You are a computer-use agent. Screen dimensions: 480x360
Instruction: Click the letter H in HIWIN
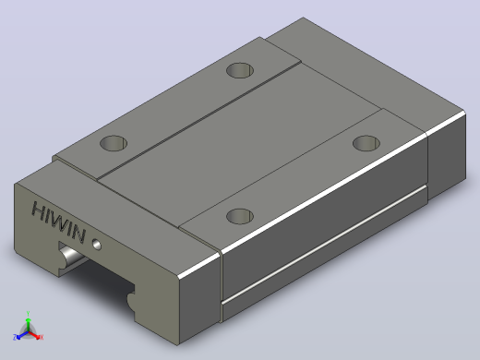[38, 210]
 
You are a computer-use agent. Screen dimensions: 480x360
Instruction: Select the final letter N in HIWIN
[79, 234]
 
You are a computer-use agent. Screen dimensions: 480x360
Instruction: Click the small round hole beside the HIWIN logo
[97, 245]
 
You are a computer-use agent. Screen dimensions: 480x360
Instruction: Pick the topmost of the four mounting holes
[240, 70]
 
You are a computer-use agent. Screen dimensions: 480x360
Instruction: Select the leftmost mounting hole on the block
[114, 143]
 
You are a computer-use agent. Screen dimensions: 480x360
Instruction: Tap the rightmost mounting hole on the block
[366, 143]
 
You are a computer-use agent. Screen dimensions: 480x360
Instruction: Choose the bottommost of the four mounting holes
[240, 216]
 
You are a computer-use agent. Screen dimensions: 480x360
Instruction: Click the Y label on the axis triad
[28, 314]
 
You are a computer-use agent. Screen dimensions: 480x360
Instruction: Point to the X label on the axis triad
[42, 337]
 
